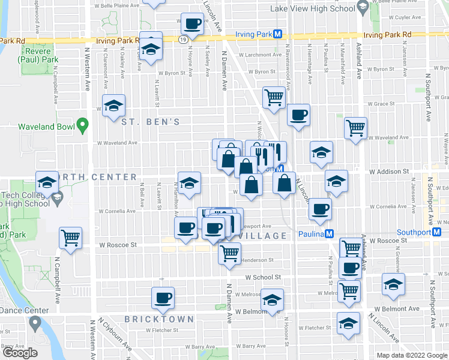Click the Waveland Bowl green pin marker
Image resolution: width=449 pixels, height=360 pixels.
pos(83,127)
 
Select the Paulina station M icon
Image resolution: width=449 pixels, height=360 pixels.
pos(330,234)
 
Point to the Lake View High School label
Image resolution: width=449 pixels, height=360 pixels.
pos(322,8)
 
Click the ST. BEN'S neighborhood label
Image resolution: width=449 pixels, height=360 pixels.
pos(151,122)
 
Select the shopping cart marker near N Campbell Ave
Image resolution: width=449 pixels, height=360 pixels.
pos(71,238)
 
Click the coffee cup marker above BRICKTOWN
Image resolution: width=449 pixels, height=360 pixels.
pos(163,297)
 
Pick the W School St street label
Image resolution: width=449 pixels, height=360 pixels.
pos(263,277)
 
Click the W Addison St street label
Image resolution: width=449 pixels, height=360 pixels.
pos(389,171)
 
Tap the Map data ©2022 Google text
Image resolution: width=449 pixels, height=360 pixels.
pos(412,355)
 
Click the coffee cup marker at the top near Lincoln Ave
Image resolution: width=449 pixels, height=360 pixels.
pos(191,25)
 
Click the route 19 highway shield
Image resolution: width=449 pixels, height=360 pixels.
pos(181,38)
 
